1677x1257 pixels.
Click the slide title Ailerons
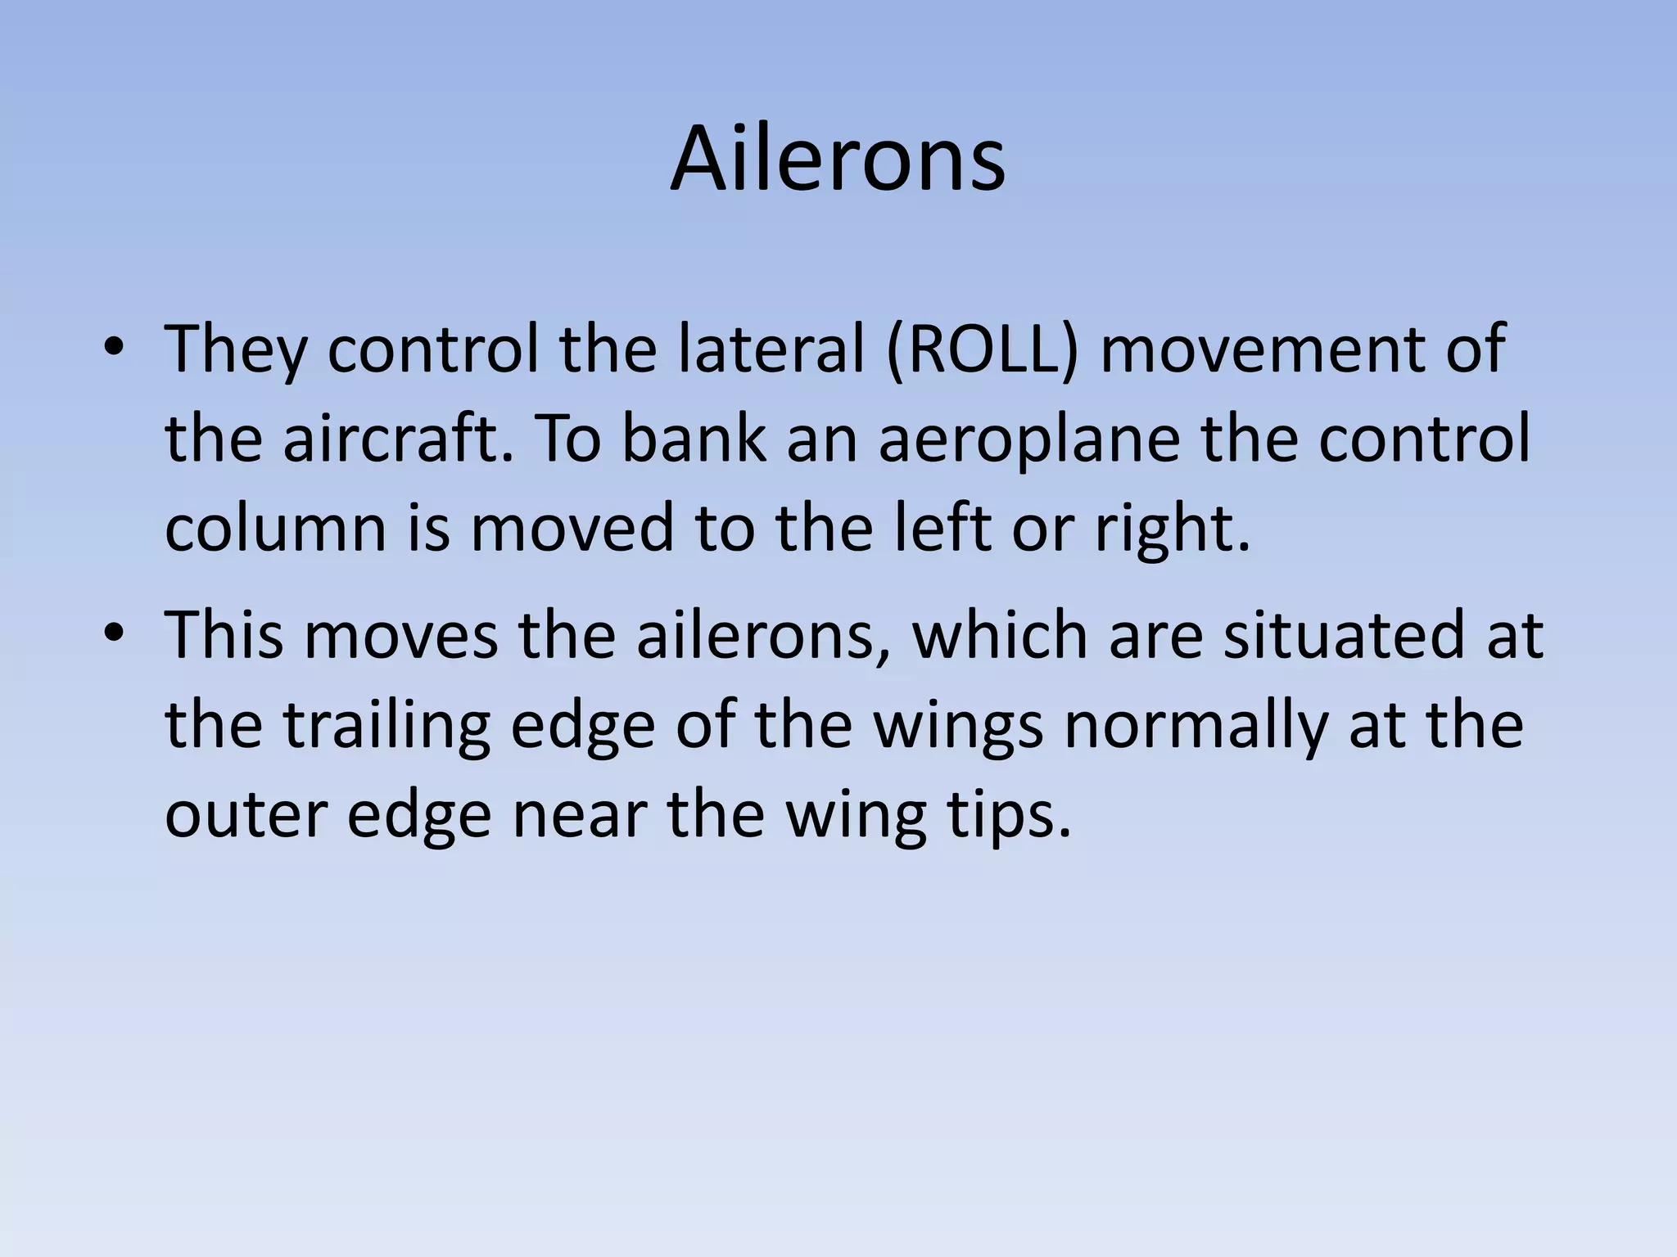[x=838, y=159]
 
